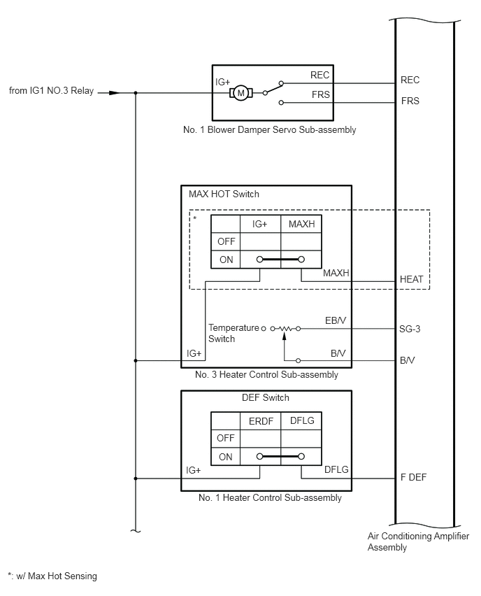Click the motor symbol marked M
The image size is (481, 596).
tap(240, 93)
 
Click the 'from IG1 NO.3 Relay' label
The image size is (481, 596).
tap(51, 91)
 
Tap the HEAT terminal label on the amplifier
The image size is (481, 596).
tap(412, 279)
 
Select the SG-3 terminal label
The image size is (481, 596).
tap(410, 329)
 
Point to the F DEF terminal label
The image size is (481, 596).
tap(413, 477)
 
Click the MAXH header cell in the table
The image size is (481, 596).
tap(301, 224)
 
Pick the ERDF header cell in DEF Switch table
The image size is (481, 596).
tap(261, 421)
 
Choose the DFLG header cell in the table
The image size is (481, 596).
tap(301, 421)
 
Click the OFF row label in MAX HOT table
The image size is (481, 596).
tap(226, 241)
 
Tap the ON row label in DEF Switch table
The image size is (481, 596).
tap(226, 457)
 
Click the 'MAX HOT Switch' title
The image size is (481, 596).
tap(224, 194)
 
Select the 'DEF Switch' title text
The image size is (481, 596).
tap(266, 397)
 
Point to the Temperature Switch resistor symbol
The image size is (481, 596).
tap(285, 328)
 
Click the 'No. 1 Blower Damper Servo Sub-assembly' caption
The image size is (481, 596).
tap(269, 129)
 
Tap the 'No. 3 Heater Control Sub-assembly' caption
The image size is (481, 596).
tap(266, 374)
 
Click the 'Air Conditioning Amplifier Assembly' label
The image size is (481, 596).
tap(418, 541)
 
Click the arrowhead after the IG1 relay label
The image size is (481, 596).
tap(114, 93)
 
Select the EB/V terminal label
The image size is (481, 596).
tap(336, 320)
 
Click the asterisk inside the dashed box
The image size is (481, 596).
tap(195, 218)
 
